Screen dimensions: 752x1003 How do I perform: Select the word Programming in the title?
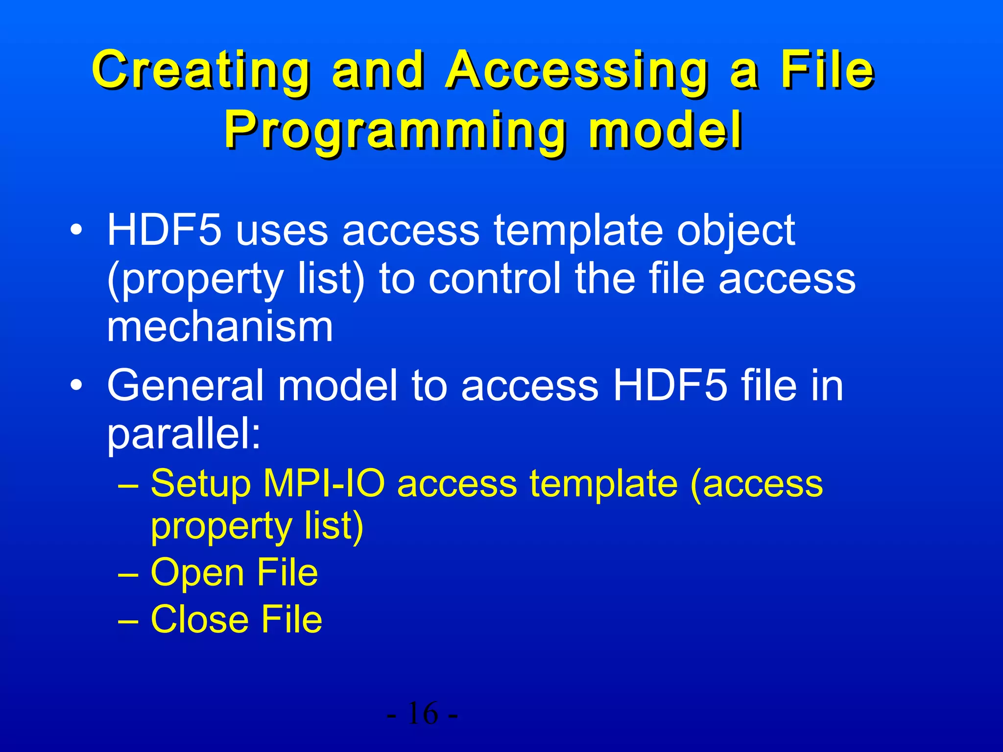coord(395,131)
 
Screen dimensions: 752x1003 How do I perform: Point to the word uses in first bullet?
coord(282,231)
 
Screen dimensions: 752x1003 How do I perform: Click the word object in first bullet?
coord(736,232)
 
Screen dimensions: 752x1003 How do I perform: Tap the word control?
coord(495,279)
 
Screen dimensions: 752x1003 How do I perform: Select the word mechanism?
coord(220,327)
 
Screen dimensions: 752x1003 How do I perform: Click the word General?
coord(186,386)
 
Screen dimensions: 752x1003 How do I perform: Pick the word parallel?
coord(184,434)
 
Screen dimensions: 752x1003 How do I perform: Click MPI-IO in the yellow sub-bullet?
coord(324,484)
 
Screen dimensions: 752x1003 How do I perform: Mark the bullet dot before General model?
coord(75,385)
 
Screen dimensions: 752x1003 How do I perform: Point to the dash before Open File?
coord(128,573)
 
